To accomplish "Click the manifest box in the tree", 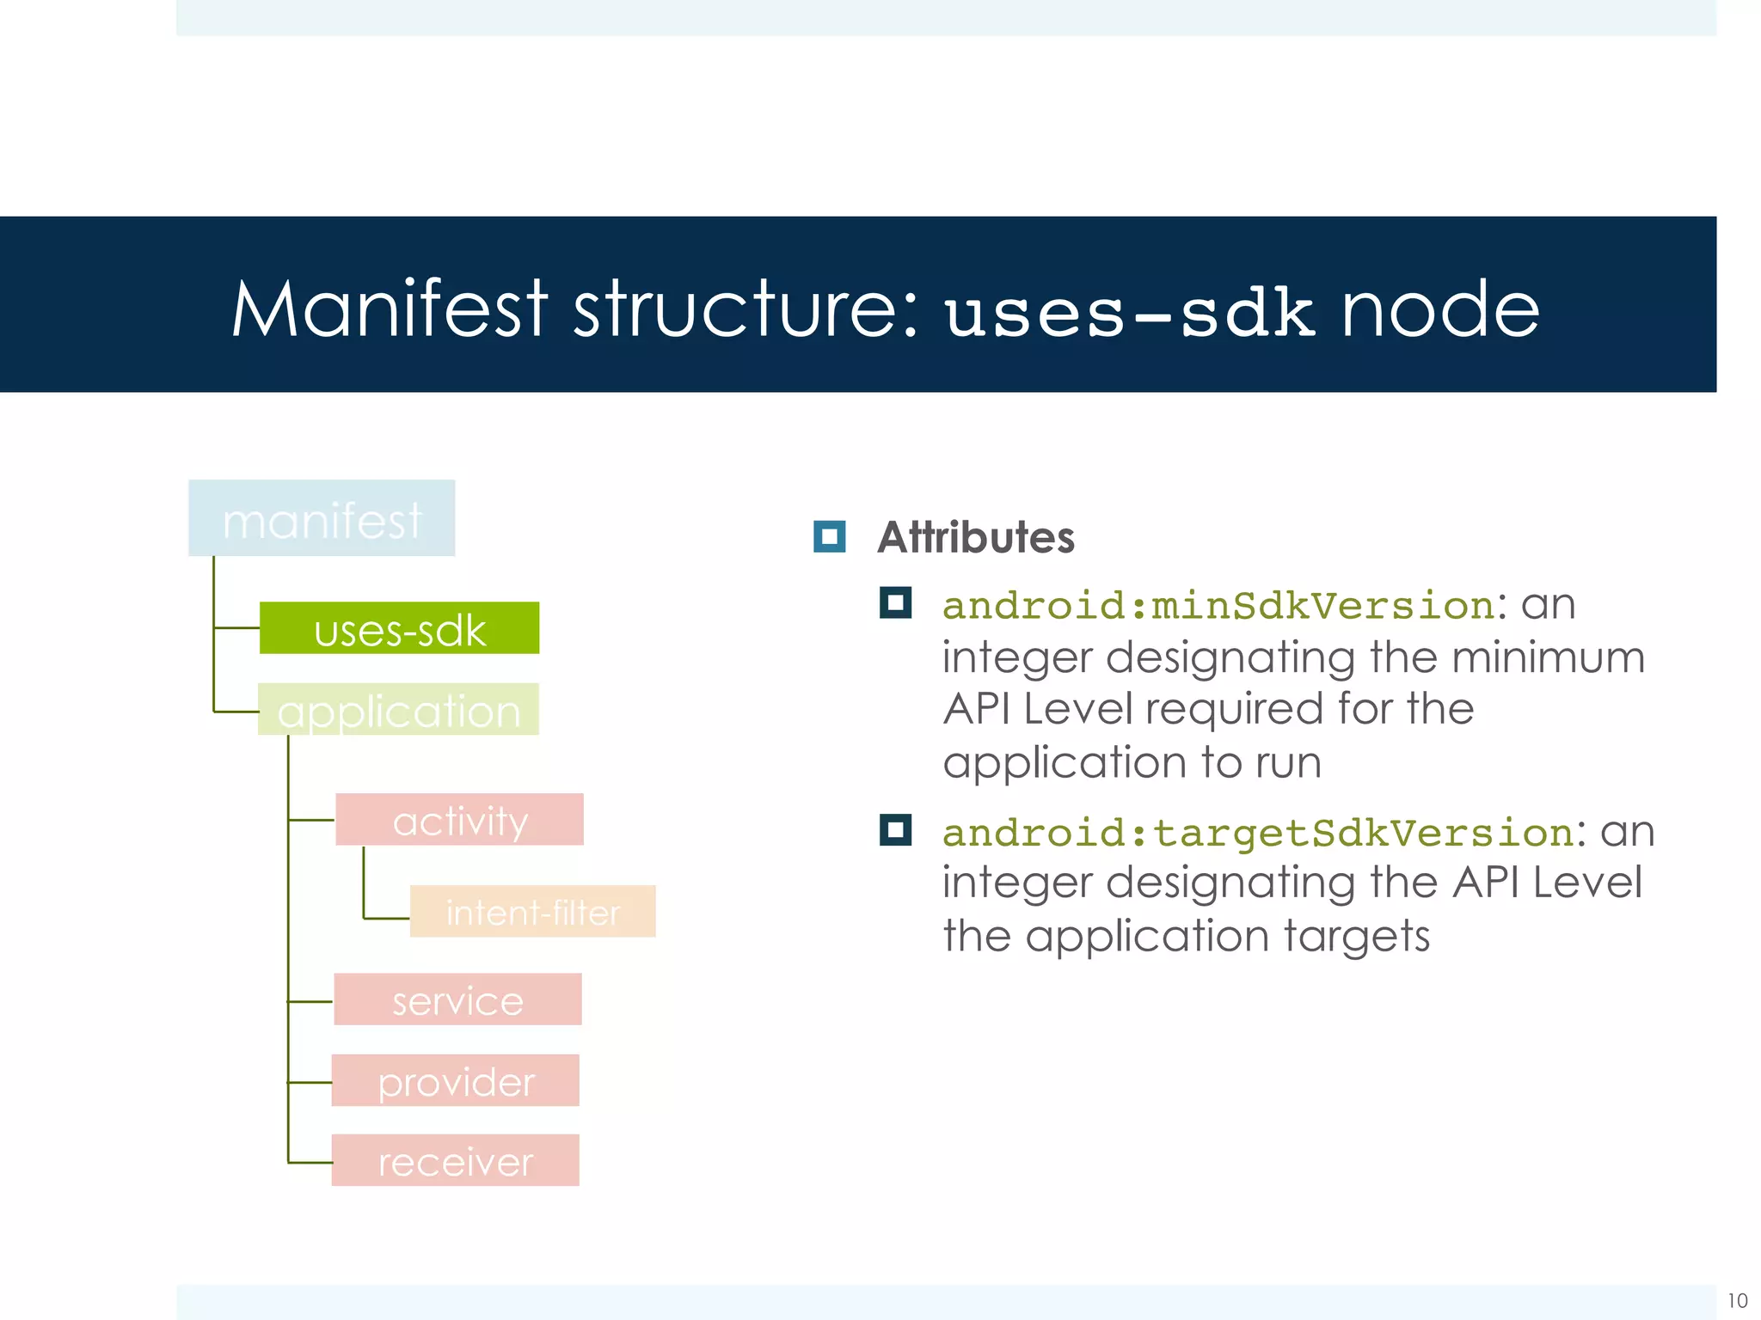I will click(322, 518).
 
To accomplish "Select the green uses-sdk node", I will click(399, 628).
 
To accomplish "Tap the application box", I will click(398, 709).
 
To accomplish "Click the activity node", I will click(459, 819).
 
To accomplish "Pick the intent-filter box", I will click(532, 911).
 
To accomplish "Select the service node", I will click(457, 999).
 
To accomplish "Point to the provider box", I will click(455, 1080).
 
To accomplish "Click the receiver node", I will click(455, 1160).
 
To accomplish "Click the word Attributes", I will click(975, 537).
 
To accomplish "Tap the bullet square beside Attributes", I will click(829, 537).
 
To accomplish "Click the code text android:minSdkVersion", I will click(1218, 606).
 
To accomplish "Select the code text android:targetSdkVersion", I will click(1258, 833).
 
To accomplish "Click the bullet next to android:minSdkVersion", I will click(895, 603).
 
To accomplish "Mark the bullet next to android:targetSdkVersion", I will click(895, 830).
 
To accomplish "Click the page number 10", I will click(1737, 1300).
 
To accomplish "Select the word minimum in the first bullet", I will click(1548, 657).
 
